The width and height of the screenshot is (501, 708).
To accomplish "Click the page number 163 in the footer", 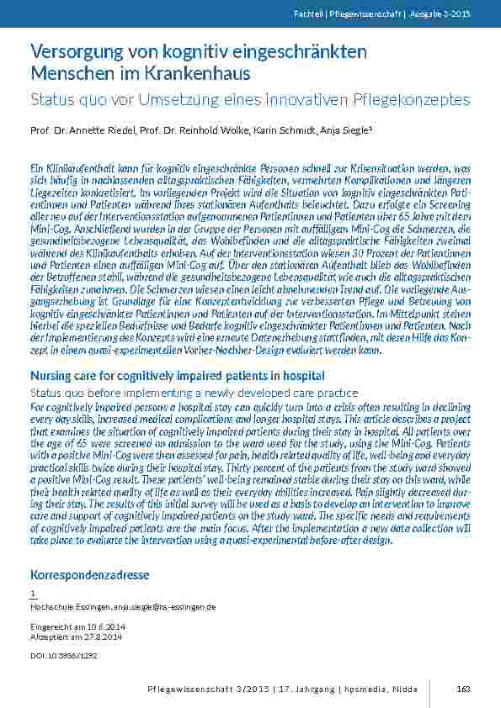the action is (463, 689).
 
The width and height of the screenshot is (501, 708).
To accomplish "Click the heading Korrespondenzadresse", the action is (89, 575).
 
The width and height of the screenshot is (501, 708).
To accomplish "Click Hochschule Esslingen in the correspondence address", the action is (62, 606).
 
